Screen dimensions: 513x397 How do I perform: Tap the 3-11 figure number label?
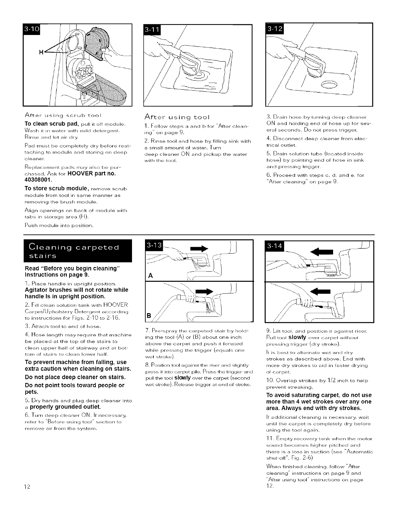pyautogui.click(x=152, y=31)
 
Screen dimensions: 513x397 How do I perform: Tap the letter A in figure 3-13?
pyautogui.click(x=150, y=276)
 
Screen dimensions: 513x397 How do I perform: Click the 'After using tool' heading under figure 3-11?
pyautogui.click(x=177, y=117)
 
